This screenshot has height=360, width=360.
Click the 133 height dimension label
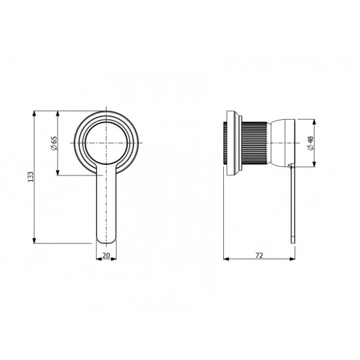(31, 177)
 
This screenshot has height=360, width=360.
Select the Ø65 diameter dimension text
(54, 143)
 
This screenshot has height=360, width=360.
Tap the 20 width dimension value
(106, 255)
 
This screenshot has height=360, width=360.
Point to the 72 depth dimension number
(259, 255)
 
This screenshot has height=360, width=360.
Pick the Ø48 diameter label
(310, 143)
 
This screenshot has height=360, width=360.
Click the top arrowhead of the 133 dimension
(35, 114)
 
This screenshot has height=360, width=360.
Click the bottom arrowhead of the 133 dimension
(35, 240)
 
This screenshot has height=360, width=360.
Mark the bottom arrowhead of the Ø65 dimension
(58, 172)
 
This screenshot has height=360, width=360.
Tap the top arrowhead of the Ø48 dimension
(315, 122)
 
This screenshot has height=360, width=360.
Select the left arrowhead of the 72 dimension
(226, 259)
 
